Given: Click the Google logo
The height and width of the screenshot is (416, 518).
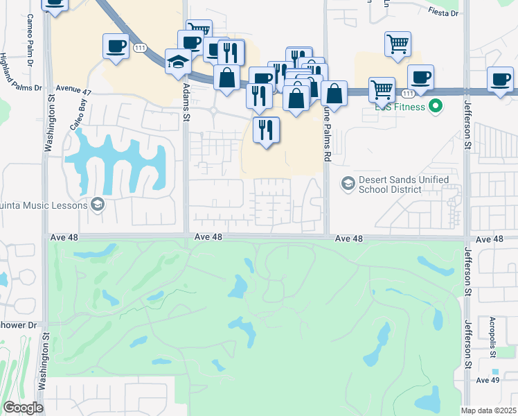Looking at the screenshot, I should [23, 408].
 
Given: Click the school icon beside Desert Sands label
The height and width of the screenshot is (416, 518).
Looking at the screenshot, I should [348, 184].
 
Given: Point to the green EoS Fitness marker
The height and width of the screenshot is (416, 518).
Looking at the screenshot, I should [436, 106].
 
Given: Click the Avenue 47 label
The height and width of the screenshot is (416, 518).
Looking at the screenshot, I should [74, 89].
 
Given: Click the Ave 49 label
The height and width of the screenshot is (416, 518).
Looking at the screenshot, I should [488, 380].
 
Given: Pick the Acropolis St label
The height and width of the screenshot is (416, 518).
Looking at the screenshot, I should [492, 338].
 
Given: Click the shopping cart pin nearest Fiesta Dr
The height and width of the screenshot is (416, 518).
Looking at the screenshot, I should [398, 43].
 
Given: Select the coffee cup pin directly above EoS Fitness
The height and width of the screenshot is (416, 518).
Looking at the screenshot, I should [420, 77].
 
